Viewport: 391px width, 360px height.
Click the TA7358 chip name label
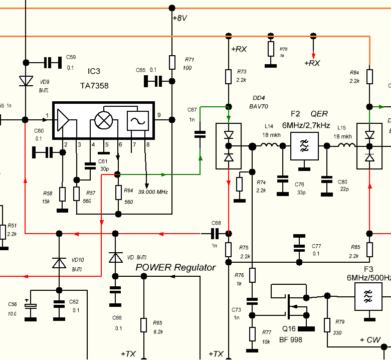(94, 86)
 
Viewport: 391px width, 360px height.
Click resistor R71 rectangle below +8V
(172, 62)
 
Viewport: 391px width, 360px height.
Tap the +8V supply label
(179, 18)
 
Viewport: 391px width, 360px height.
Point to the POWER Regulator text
(175, 267)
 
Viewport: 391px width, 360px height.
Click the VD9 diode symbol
(25, 81)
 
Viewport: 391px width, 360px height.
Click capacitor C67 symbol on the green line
(200, 134)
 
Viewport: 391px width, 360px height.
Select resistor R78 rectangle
(271, 49)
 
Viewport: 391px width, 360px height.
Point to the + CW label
(370, 340)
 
